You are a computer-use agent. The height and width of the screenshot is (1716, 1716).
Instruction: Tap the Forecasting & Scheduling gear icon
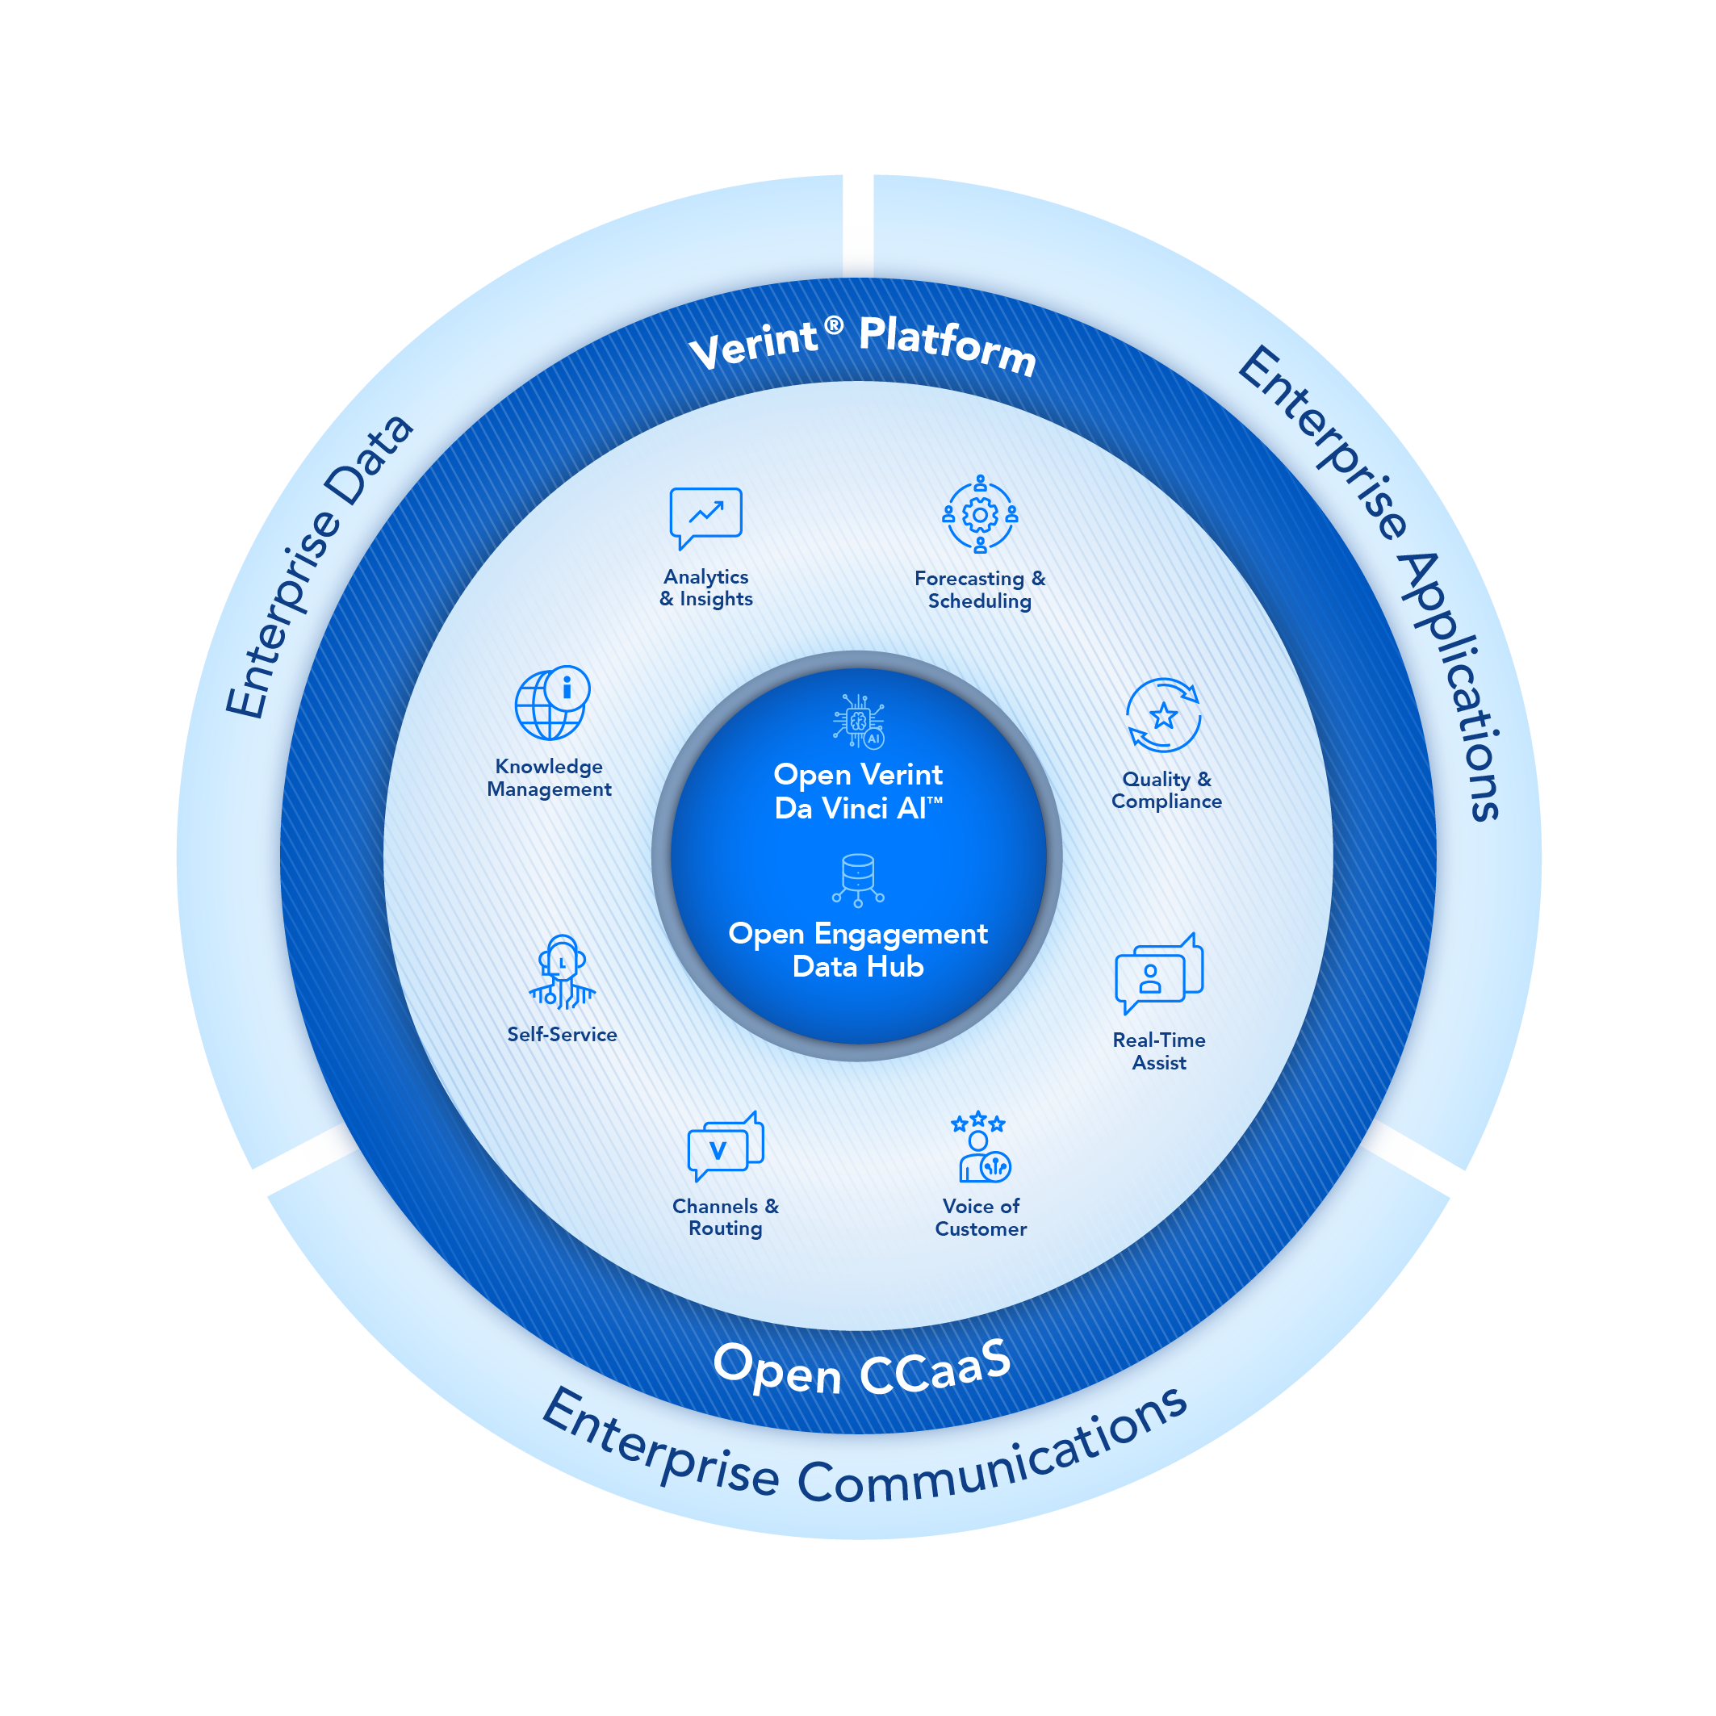(980, 514)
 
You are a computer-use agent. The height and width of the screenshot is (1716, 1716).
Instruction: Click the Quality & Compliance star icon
(1164, 715)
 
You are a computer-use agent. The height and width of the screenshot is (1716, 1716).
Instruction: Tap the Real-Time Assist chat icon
(1158, 973)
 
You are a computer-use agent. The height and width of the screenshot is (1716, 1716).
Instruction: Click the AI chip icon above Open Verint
(859, 720)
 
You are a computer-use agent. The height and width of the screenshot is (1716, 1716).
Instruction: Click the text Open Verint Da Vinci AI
(858, 791)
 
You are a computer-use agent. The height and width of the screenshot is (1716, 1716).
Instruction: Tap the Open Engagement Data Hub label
(858, 949)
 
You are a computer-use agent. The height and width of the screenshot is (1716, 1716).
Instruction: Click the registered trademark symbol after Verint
(833, 326)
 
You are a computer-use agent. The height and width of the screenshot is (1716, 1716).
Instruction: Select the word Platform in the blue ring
(948, 345)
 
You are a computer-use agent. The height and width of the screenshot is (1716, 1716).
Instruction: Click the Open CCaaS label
(861, 1369)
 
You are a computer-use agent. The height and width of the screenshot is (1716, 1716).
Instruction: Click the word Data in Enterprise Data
(368, 459)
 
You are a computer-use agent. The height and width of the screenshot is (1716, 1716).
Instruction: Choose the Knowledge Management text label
(549, 777)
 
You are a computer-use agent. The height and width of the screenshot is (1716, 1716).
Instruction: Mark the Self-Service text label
(563, 1034)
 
